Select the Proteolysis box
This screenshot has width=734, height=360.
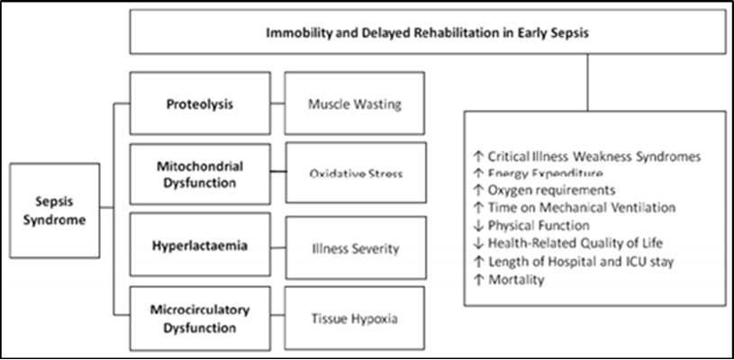coord(199,103)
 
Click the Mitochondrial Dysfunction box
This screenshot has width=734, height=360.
coord(199,173)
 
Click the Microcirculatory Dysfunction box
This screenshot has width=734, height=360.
coord(199,317)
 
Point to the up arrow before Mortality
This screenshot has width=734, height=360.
coord(478,279)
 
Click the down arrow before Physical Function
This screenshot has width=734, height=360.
coord(478,225)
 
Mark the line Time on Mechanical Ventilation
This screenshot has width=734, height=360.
coord(576,208)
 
